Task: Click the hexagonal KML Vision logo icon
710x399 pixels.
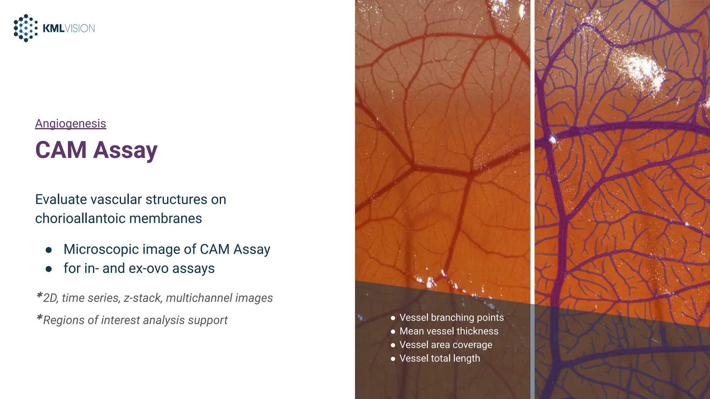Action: [26, 28]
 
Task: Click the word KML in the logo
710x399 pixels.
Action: [53, 28]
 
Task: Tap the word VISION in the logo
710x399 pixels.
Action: [80, 28]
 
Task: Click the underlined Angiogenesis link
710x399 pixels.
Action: [70, 124]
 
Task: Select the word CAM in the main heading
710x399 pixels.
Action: [61, 150]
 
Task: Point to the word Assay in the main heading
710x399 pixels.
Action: [125, 151]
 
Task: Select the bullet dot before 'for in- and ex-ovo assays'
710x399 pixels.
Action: [49, 269]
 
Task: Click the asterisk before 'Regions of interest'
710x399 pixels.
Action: [39, 318]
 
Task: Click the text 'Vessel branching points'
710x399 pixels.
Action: [451, 318]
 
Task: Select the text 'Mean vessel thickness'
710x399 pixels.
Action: [449, 331]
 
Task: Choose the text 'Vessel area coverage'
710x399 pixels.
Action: [445, 345]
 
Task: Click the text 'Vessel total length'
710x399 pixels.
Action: [440, 358]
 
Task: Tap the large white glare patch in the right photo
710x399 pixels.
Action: [641, 69]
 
